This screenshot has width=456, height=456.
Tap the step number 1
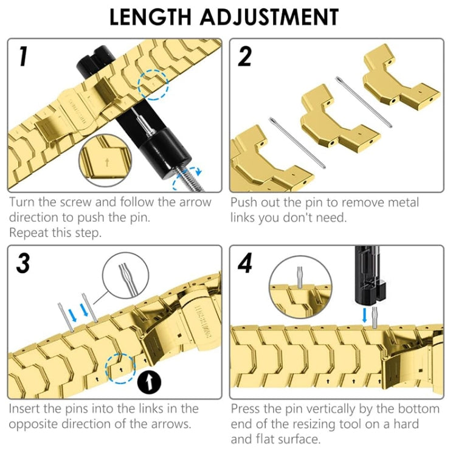click(x=22, y=56)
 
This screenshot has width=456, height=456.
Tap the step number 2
click(x=245, y=56)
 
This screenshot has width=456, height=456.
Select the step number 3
click(x=23, y=263)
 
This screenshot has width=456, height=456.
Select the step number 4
click(x=246, y=263)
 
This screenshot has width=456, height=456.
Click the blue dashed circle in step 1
click(x=152, y=83)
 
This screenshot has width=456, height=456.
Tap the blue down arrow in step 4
click(x=364, y=316)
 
